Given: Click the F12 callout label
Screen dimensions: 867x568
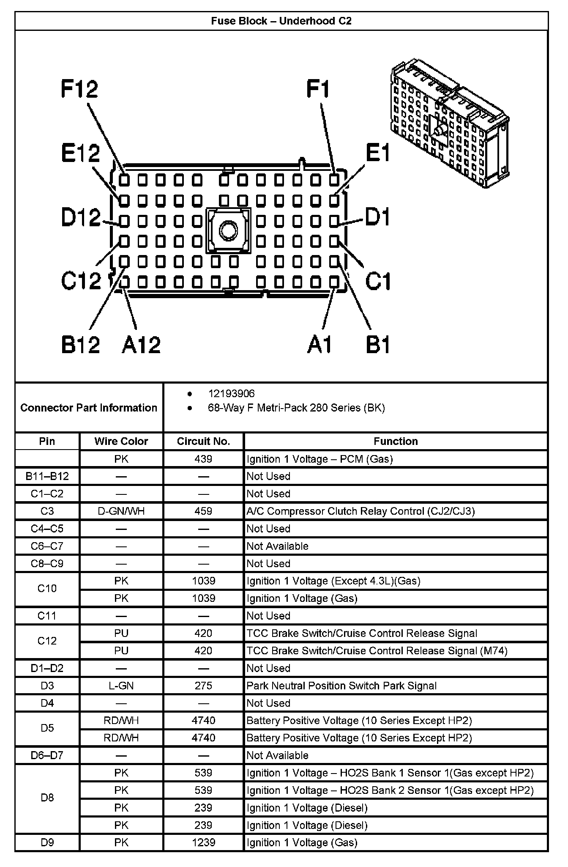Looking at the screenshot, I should click(79, 89).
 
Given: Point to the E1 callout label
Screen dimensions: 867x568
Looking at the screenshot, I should click(377, 153).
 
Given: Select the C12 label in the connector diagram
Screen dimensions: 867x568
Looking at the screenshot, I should click(81, 280).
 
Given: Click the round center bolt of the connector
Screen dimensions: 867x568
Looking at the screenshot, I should click(229, 231).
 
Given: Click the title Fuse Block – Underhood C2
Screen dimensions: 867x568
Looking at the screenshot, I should click(281, 21).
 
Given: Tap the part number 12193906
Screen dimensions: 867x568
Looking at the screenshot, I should click(231, 394).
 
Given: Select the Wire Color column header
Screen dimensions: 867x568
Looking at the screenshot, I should click(121, 441).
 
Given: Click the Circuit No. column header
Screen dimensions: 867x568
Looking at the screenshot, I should click(203, 441).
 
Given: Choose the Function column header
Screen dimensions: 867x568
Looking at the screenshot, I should click(396, 441).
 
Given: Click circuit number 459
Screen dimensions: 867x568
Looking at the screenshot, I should click(203, 511).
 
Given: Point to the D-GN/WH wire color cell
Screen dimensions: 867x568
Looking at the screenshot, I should click(121, 511).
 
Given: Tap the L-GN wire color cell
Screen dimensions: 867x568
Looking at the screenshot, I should click(121, 686).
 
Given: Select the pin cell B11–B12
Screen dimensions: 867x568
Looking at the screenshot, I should click(47, 476).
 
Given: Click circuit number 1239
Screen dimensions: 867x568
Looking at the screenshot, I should click(203, 842).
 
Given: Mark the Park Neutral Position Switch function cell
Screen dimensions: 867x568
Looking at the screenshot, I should click(341, 686).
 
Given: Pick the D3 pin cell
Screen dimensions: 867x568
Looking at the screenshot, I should click(47, 686).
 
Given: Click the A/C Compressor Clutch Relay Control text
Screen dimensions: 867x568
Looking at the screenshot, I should click(360, 511).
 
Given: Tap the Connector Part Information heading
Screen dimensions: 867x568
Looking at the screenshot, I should click(89, 408).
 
